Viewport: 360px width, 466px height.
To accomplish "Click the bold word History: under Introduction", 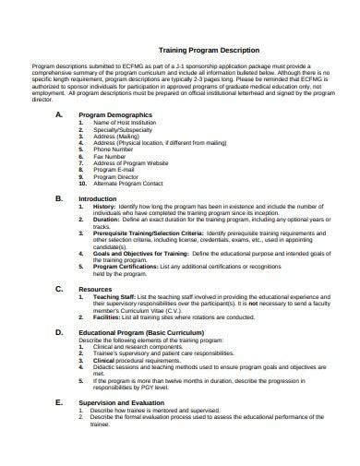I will [103, 207].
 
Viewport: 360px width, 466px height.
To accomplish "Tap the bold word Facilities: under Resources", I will [106, 317].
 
